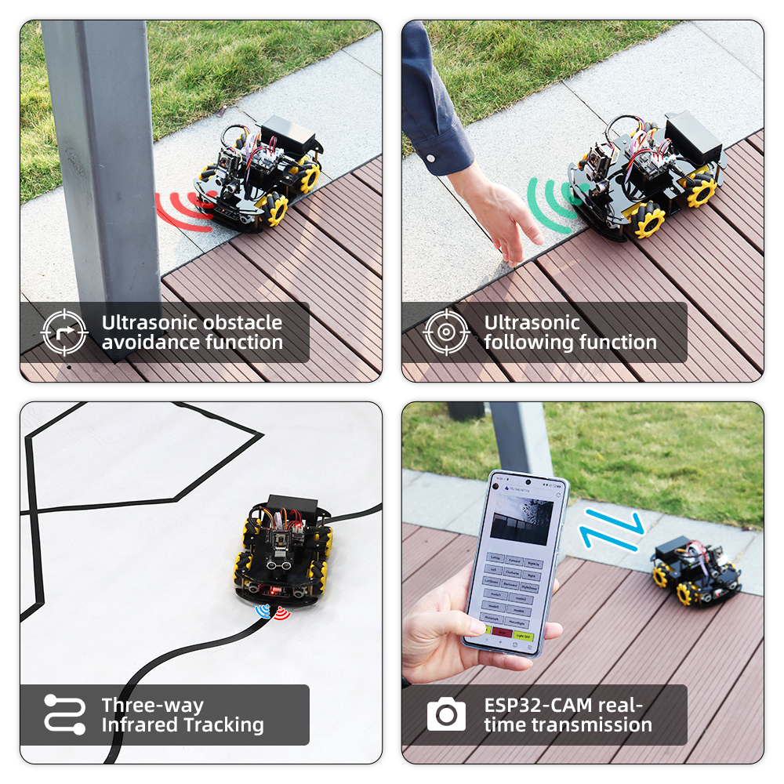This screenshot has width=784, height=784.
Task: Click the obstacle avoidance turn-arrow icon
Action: tap(64, 332)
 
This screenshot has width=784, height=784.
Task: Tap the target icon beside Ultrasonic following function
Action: tap(446, 332)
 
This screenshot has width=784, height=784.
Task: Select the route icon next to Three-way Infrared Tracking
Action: tap(64, 714)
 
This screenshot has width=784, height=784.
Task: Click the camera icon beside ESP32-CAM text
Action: tap(446, 714)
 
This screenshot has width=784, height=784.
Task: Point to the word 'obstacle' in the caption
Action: tap(243, 322)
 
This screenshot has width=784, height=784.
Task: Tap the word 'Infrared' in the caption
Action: tap(142, 725)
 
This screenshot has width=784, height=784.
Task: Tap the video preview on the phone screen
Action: tap(521, 522)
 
